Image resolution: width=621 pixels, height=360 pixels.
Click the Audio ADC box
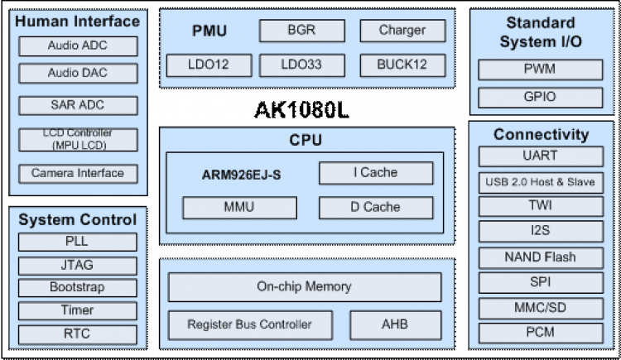pos(77,46)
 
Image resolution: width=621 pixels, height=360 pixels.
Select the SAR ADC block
pos(77,106)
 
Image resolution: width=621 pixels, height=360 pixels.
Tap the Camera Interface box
pos(77,174)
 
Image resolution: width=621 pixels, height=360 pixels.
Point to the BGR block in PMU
pos(301,31)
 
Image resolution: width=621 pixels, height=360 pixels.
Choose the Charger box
pos(402,31)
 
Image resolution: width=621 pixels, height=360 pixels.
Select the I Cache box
pos(376,173)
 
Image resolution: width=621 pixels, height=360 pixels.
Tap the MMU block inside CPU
pos(238,208)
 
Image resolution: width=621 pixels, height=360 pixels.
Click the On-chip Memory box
pos(304,287)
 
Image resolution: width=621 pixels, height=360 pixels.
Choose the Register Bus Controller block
pos(249,324)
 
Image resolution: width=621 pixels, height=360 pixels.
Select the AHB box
pos(395,324)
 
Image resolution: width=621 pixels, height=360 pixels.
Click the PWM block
pos(540,70)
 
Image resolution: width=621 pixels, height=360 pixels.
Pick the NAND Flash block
pos(541,257)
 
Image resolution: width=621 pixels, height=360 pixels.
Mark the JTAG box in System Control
pos(77,266)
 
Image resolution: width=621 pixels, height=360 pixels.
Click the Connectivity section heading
pos(541,134)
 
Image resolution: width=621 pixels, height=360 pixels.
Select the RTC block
pos(77,334)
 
